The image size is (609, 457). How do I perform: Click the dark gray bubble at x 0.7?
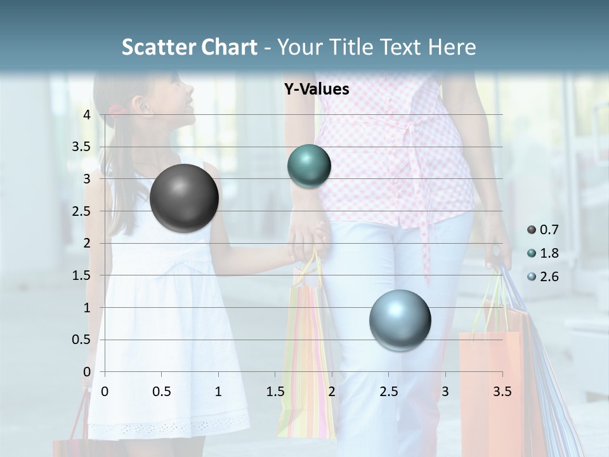185,198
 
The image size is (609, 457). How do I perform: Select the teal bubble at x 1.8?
309,166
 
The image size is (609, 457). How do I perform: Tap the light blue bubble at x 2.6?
400,321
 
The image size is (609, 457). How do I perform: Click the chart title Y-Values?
317,89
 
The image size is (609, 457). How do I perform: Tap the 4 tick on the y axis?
87,115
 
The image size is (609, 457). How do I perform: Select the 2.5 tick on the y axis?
81,211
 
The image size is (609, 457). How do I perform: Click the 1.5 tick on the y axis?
81,275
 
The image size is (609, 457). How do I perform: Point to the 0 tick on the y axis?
87,372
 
